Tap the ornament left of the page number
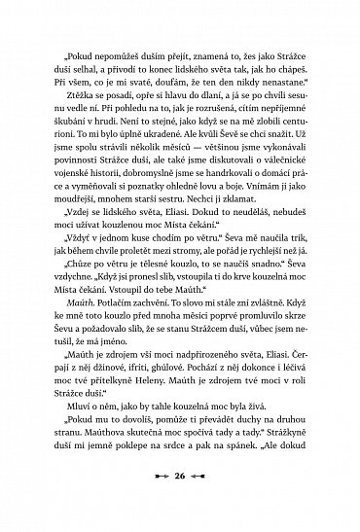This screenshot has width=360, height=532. [x=155, y=503]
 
